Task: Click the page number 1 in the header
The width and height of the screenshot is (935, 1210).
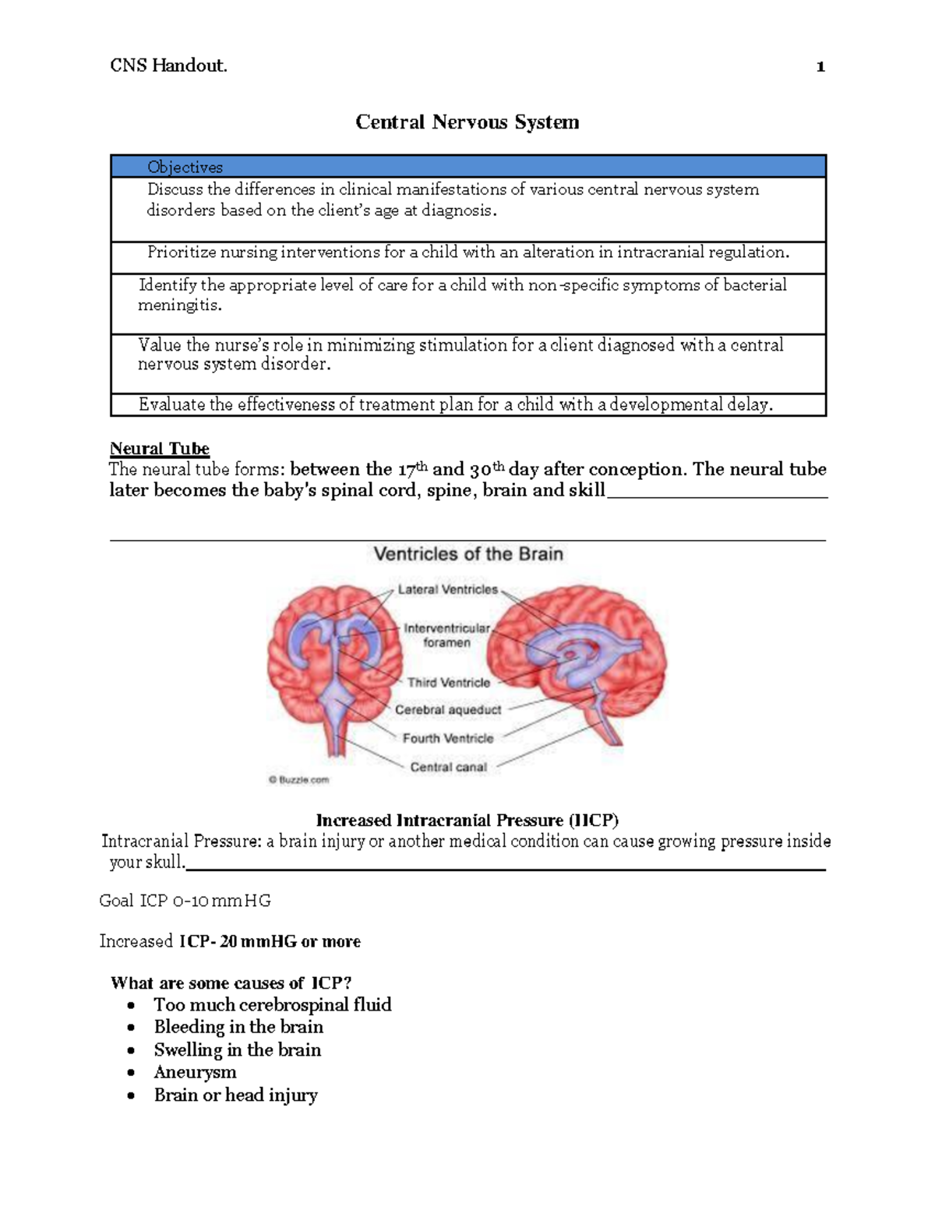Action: pyautogui.click(x=820, y=67)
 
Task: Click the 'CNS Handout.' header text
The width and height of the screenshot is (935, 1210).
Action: pyautogui.click(x=168, y=66)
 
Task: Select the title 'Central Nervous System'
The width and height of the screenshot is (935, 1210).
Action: pyautogui.click(x=467, y=122)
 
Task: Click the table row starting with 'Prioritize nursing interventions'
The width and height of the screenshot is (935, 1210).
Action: pyautogui.click(x=467, y=252)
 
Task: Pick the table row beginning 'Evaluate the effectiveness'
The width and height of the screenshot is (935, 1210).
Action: pyautogui.click(x=456, y=404)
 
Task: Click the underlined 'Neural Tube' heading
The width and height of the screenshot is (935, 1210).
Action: pyautogui.click(x=160, y=449)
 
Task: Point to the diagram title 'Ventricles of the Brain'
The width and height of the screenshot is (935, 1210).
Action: pyautogui.click(x=468, y=554)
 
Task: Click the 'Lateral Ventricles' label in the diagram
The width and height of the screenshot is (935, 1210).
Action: pyautogui.click(x=447, y=590)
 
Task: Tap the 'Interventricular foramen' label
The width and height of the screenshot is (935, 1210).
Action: pyautogui.click(x=446, y=635)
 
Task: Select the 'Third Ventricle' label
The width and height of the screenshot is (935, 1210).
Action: pyautogui.click(x=449, y=683)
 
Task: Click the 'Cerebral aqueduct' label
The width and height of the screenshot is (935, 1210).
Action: pyautogui.click(x=448, y=710)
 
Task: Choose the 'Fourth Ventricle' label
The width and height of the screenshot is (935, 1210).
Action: pyautogui.click(x=448, y=738)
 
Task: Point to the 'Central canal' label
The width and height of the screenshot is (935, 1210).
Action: pyautogui.click(x=448, y=767)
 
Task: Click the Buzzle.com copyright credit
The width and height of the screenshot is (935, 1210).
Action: pyautogui.click(x=299, y=779)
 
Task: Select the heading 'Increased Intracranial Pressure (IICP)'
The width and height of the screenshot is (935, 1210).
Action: pyautogui.click(x=467, y=820)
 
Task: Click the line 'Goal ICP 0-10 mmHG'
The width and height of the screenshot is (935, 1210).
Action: pyautogui.click(x=185, y=901)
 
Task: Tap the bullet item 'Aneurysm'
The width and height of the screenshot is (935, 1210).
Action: pyautogui.click(x=195, y=1073)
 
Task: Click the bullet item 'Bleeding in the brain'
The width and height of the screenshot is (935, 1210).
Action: pyautogui.click(x=238, y=1027)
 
